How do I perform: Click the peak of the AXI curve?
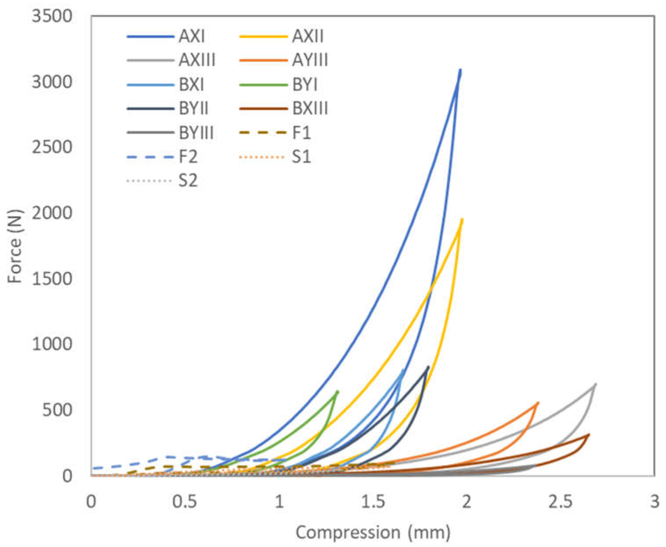click(460, 70)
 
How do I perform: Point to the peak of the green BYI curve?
click(338, 392)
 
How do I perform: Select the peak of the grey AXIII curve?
click(595, 384)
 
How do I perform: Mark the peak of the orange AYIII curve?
click(538, 403)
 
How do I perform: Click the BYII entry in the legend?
click(193, 108)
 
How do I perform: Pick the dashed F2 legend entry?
click(188, 157)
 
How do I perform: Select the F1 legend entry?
click(301, 133)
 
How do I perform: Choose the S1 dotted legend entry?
click(301, 157)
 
